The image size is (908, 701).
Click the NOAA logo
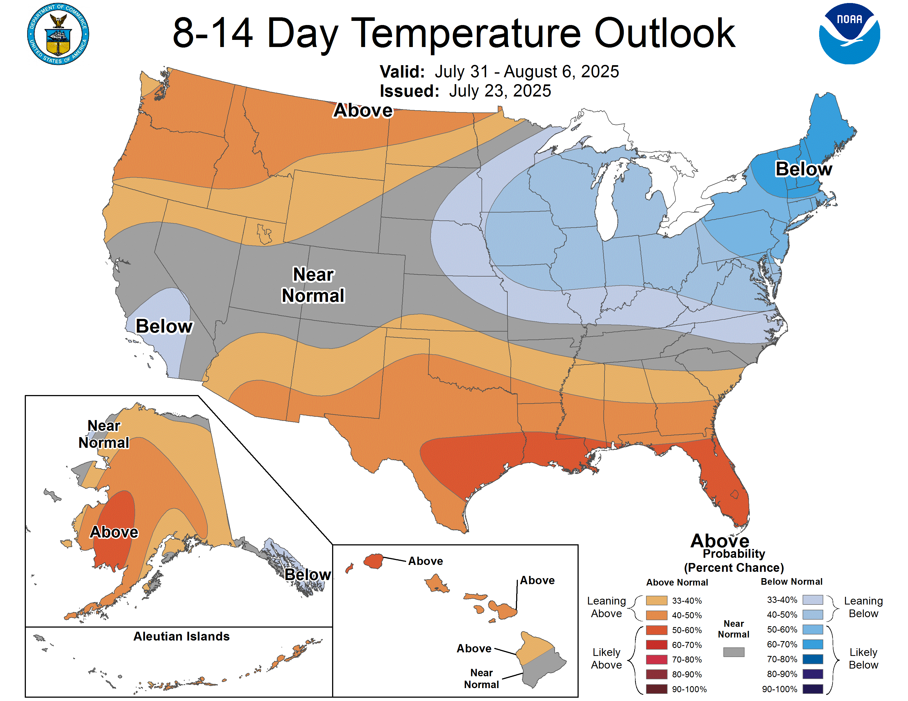[849, 34]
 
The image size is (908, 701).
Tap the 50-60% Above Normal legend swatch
[657, 630]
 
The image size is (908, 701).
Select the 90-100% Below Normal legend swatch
[813, 689]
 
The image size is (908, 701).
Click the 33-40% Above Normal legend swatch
[657, 600]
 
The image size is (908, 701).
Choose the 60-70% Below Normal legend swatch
[813, 644]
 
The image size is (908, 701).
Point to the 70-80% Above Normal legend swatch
[657, 659]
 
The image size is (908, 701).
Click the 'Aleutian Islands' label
[181, 636]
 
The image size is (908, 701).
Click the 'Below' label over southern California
[164, 326]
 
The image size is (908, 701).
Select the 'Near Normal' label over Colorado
[313, 285]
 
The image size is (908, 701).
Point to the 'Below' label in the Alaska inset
[308, 574]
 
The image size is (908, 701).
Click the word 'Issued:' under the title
[409, 91]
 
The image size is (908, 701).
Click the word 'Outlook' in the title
[665, 33]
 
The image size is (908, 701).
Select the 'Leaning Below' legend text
[863, 607]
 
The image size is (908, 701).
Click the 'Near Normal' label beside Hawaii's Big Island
[482, 678]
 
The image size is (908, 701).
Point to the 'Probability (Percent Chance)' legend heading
[734, 561]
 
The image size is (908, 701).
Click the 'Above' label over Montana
[363, 111]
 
